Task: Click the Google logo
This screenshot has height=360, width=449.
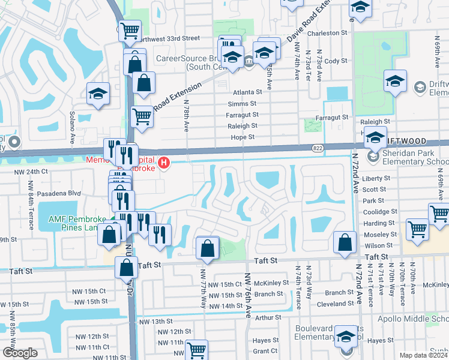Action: [x=20, y=353]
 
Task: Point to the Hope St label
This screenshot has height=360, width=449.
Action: [x=243, y=137]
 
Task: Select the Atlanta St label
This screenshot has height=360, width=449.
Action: [x=248, y=92]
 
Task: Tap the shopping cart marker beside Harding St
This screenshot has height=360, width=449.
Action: [x=417, y=229]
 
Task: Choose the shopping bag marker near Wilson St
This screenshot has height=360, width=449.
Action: [x=345, y=242]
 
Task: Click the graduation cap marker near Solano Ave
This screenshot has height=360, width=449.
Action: [x=98, y=94]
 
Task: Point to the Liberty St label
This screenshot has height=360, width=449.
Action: [x=376, y=178]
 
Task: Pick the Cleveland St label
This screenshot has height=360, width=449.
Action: [x=331, y=304]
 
